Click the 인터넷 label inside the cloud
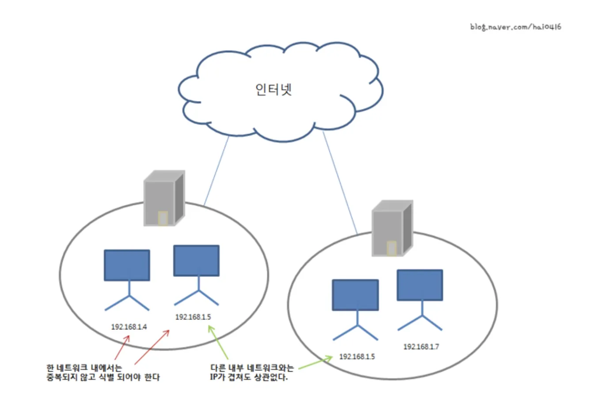point(273,89)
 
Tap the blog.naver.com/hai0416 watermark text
point(515,27)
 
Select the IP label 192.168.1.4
point(129,327)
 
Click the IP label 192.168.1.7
point(421,347)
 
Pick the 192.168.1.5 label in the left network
point(193,317)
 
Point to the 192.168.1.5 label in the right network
point(357,357)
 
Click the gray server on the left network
point(164,198)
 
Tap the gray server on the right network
point(392,228)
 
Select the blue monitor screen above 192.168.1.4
point(127,265)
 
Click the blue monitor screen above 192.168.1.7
point(420,285)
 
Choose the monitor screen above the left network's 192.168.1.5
point(196,261)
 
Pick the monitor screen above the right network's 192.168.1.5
point(356,295)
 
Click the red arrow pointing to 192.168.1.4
point(122,347)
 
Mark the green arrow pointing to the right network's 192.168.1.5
point(315,362)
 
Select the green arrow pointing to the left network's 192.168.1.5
point(218,342)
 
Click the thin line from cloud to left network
point(216,171)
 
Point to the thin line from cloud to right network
point(340,183)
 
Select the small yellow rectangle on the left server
point(163,218)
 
